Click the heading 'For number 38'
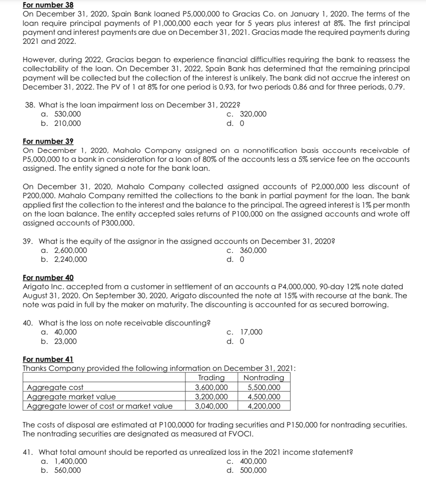pyautogui.click(x=48, y=5)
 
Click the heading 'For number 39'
pyautogui.click(x=48, y=142)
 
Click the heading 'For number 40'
pyautogui.click(x=48, y=278)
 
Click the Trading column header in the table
pyautogui.click(x=211, y=378)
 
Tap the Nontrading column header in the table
pyautogui.click(x=264, y=378)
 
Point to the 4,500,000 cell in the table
pyautogui.click(x=264, y=397)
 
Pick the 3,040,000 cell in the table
pyautogui.click(x=212, y=406)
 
